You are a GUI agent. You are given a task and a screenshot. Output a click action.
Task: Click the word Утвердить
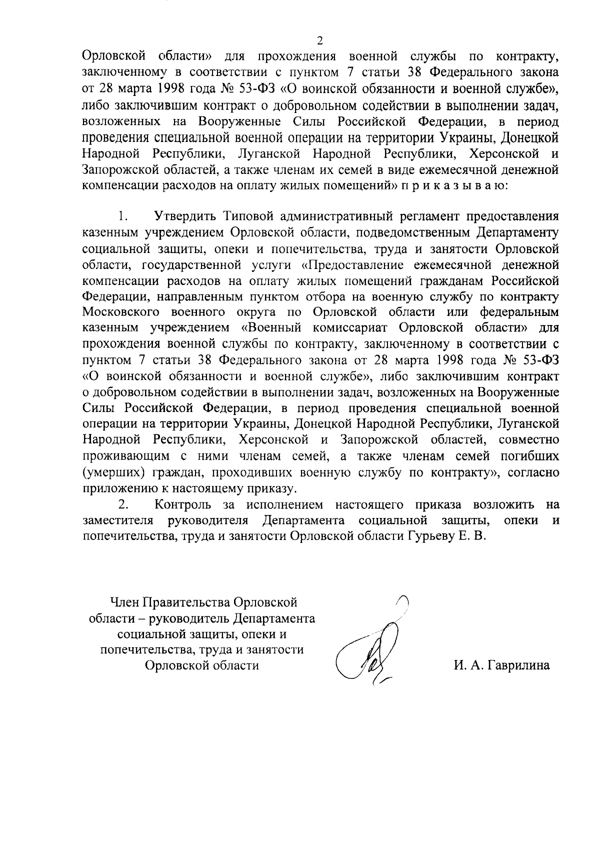183,217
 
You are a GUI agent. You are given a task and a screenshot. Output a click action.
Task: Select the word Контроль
183,504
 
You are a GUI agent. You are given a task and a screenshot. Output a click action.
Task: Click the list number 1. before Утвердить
123,217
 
